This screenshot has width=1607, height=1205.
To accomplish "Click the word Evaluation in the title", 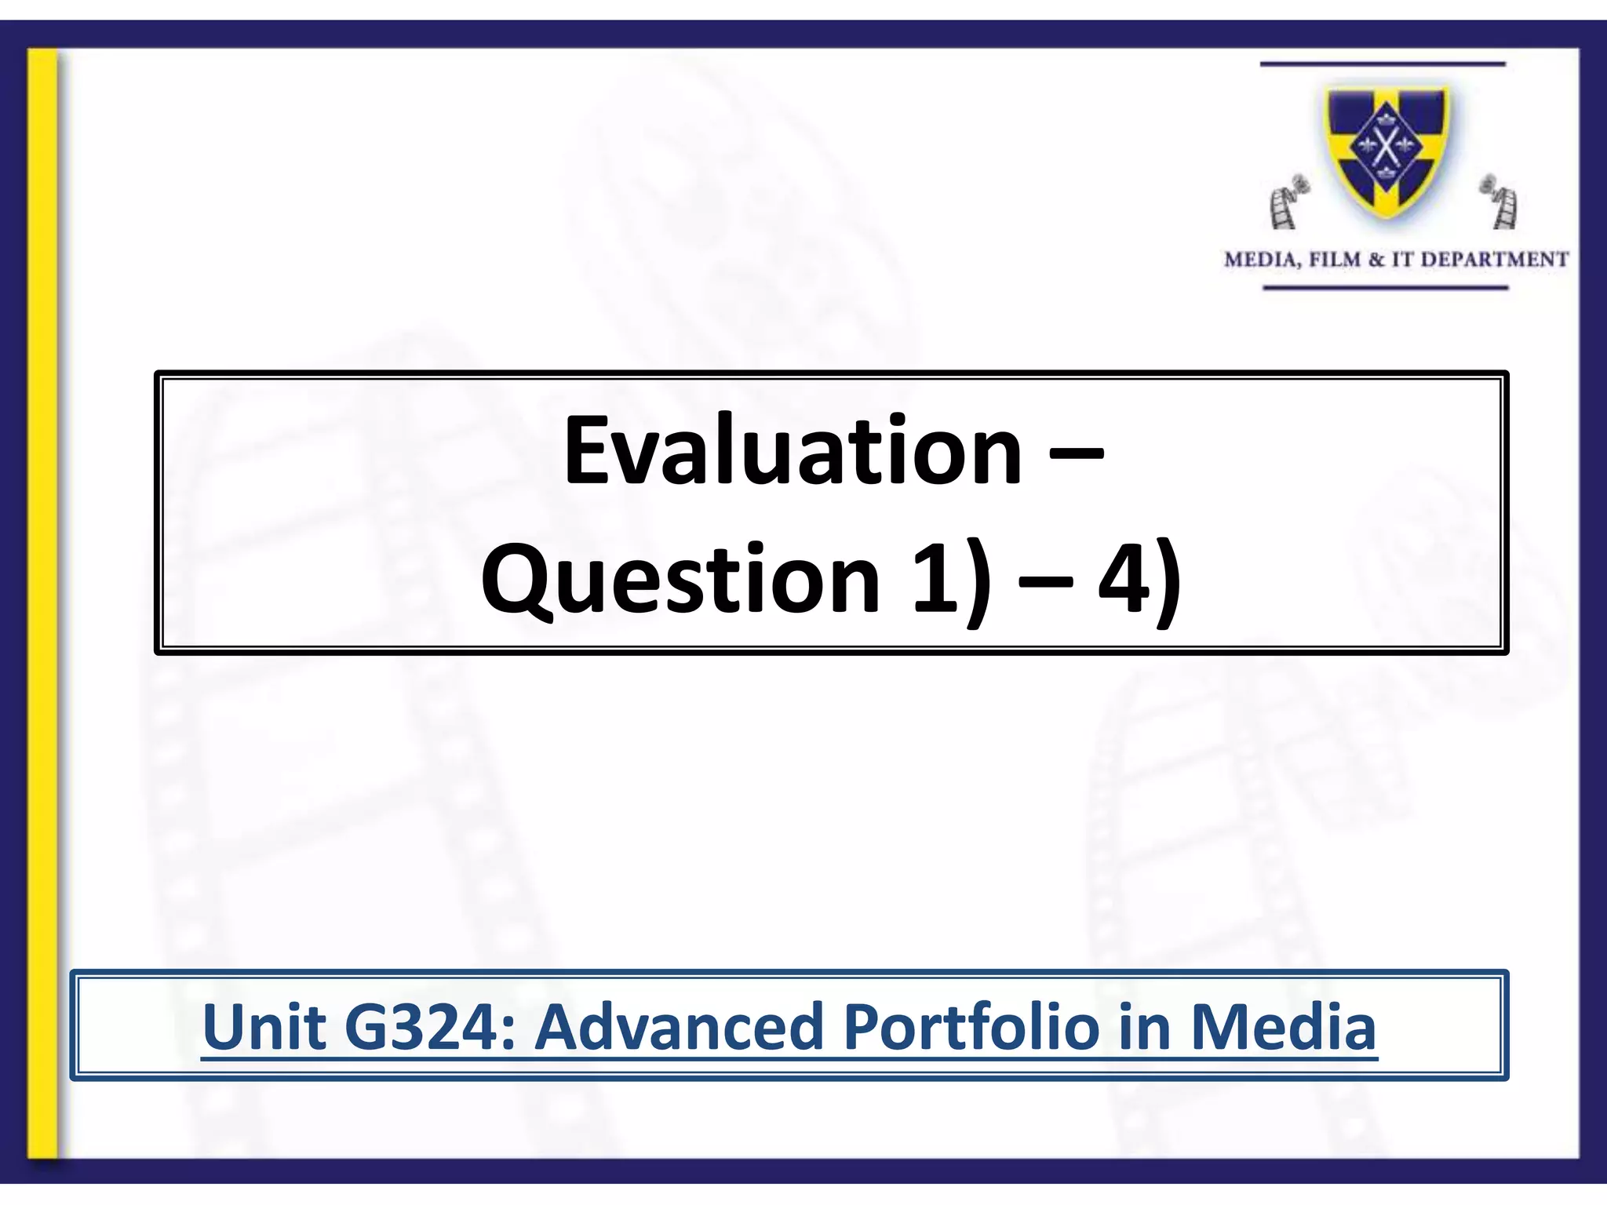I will coord(793,452).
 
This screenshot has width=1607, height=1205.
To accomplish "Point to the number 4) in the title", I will coord(1139,581).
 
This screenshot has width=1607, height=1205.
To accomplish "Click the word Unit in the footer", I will coord(264,1027).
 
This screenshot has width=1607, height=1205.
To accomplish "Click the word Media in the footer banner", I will coord(1284,1027).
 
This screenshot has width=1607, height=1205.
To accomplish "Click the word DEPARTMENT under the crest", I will coord(1491,260).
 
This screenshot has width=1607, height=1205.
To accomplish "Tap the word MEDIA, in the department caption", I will coord(1262,260).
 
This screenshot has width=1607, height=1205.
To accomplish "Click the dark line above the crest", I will coord(1383,64).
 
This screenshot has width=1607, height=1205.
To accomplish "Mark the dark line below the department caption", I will coord(1386,288).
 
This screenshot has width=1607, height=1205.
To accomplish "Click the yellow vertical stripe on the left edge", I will coord(43,596).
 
